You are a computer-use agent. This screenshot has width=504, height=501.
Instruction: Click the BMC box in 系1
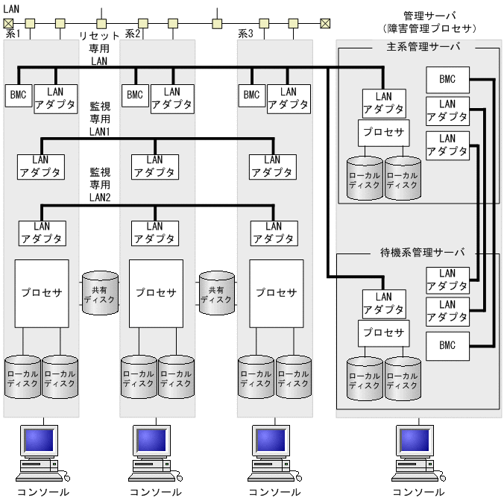[x=17, y=95]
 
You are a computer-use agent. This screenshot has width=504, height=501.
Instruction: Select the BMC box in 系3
[x=251, y=95]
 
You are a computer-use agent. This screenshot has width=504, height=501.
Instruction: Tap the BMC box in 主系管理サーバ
[x=447, y=79]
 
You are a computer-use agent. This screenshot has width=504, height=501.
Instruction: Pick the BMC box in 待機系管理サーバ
[x=447, y=346]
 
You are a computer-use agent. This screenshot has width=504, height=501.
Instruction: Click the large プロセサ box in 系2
[x=156, y=293]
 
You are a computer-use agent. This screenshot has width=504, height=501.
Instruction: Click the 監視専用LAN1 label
[x=100, y=119]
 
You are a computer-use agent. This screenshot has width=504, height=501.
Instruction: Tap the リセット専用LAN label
[x=99, y=48]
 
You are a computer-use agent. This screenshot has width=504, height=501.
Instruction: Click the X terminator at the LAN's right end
[x=325, y=23]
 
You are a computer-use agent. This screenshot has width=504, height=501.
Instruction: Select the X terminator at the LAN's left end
[x=9, y=23]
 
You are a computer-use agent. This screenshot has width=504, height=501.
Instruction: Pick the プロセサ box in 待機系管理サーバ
[x=383, y=333]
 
